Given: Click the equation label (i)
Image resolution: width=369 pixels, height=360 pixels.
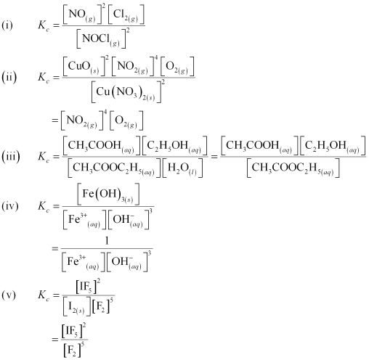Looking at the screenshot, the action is [7, 25].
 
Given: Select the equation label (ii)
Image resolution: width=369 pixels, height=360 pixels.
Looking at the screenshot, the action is [9, 78].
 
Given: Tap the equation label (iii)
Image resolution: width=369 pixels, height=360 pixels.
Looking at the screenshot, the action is [11, 157].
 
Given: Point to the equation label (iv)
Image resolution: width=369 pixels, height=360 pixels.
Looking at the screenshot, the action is [10, 206].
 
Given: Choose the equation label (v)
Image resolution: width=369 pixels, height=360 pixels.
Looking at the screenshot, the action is [9, 295].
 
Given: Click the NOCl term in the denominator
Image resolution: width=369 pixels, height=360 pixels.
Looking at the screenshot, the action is [101, 39].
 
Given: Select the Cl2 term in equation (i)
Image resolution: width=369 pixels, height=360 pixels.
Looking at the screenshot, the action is [126, 15].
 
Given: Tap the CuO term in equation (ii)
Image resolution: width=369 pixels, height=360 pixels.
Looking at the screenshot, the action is [84, 67].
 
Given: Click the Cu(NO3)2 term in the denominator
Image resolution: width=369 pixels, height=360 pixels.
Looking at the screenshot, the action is [126, 93].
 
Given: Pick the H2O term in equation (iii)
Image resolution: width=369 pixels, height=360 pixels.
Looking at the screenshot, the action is [182, 168].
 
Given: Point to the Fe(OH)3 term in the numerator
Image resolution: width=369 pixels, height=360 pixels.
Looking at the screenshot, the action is [108, 194].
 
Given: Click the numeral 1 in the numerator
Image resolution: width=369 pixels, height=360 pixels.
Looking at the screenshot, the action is [107, 241].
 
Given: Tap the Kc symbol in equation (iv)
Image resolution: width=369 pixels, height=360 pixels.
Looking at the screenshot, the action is [44, 207].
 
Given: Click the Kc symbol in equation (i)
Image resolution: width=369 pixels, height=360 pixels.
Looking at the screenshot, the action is [44, 25].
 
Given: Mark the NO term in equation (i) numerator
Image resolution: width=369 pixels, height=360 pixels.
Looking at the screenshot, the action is [82, 15].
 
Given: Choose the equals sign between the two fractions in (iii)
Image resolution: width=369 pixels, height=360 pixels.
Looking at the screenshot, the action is [214, 157].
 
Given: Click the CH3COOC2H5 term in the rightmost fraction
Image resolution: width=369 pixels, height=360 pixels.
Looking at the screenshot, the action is [293, 168].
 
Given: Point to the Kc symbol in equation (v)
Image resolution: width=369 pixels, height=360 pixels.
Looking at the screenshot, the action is [44, 295].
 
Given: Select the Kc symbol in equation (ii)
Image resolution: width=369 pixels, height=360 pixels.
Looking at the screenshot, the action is [44, 78].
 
